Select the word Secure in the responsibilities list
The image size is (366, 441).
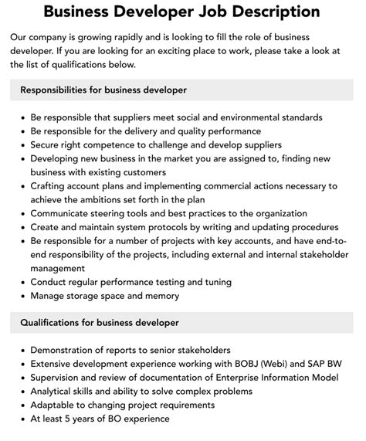click(48, 144)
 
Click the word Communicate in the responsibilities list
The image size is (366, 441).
click(64, 214)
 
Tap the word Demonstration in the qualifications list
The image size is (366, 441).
click(67, 350)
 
